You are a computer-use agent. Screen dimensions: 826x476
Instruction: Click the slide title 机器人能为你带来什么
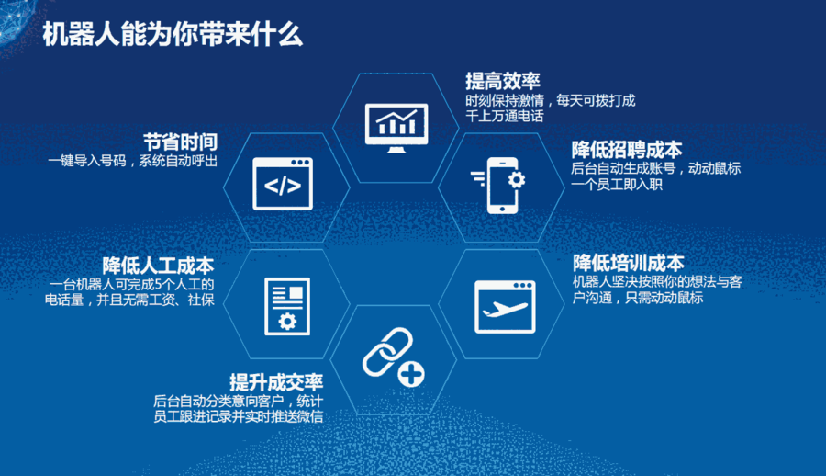point(173,34)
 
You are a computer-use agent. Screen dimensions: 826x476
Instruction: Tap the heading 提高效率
point(503,81)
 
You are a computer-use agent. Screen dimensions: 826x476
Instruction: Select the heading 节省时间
point(180,142)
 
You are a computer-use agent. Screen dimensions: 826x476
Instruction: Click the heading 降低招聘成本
point(627,150)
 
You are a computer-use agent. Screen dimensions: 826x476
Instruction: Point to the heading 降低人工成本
point(158,265)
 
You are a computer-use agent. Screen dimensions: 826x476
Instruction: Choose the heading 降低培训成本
point(629,262)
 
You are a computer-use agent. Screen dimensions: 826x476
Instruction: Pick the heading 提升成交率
point(276,382)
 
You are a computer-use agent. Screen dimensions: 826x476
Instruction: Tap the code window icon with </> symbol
point(283,184)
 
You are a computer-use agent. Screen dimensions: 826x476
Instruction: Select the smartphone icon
point(502,186)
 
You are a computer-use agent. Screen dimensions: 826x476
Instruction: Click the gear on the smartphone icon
point(516,180)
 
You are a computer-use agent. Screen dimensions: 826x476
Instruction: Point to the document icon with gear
point(287,307)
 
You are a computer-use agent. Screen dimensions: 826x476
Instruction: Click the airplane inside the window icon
point(504,310)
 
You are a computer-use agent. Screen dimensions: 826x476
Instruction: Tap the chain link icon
point(387,352)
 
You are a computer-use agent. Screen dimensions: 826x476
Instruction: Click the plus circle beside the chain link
point(411,375)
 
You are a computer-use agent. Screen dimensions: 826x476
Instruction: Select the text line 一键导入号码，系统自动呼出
point(133,161)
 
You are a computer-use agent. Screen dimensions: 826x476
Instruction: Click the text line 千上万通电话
point(504,116)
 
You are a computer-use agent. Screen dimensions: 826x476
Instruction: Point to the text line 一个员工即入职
point(617,184)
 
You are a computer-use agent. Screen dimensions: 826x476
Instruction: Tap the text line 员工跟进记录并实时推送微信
point(238,416)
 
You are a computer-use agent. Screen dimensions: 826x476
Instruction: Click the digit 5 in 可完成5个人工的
point(158,285)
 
